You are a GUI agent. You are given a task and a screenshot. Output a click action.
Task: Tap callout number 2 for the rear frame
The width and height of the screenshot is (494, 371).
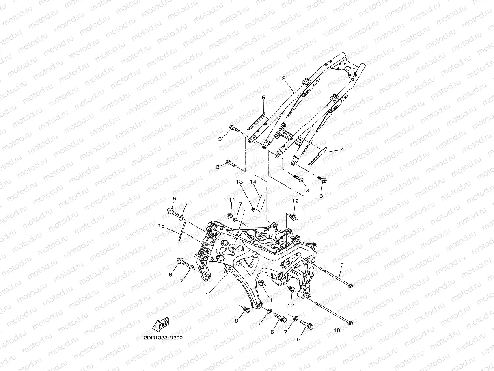coord(283,78)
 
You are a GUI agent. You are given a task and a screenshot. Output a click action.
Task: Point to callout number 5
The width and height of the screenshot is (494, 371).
coord(263,98)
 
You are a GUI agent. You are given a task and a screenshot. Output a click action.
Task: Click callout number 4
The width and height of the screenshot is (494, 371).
coord(342,150)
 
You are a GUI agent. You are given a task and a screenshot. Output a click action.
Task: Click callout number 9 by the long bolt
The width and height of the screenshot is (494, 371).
coord(341,264)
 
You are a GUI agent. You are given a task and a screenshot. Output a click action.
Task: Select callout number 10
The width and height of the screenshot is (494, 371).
coord(337,330)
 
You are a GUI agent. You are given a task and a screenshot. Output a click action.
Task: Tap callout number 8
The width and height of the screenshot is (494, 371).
coord(237,321)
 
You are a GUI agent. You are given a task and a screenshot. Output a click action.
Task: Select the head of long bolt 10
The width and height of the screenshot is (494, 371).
coord(351,323)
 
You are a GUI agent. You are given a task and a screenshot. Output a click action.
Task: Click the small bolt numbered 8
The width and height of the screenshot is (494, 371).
coord(246,310)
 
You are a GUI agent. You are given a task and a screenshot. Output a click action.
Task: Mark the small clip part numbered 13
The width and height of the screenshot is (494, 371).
coord(252,209)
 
